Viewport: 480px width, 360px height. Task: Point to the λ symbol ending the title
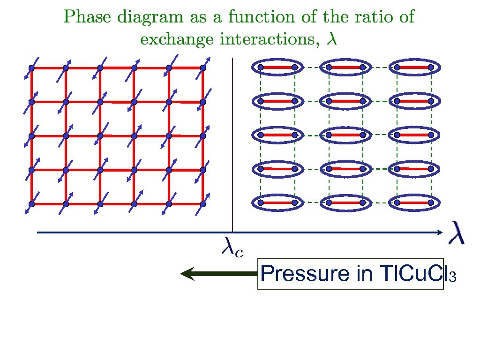332,39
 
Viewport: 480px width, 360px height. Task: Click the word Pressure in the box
303,274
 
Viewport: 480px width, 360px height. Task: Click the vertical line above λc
232,141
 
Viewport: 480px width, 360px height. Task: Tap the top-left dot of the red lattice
32,68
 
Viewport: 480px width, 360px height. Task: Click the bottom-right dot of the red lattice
203,204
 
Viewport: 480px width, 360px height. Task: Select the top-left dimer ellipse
277,67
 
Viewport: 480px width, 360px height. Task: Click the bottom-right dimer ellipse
414,203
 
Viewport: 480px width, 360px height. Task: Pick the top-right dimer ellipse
414,67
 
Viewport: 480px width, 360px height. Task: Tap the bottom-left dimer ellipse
277,203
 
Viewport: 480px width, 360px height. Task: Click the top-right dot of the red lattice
203,68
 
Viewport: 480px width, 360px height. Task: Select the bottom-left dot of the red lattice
32,204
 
